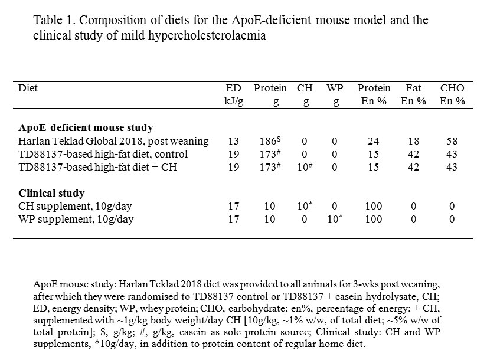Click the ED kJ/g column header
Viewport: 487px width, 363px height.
pyautogui.click(x=234, y=94)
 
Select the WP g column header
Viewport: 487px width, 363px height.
pyautogui.click(x=335, y=94)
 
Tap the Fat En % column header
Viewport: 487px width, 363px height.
pyautogui.click(x=413, y=94)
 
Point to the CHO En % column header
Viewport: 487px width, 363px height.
pyautogui.click(x=452, y=94)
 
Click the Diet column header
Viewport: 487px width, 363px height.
pyautogui.click(x=28, y=88)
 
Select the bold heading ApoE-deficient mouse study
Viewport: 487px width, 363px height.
pyautogui.click(x=86, y=128)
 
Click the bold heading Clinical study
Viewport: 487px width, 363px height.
pyautogui.click(x=51, y=193)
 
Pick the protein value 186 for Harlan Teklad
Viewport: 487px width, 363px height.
pyautogui.click(x=270, y=141)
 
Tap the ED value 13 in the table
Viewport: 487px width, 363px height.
pyautogui.click(x=234, y=141)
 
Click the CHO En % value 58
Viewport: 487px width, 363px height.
pyautogui.click(x=452, y=141)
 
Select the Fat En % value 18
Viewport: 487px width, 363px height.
pyautogui.click(x=413, y=141)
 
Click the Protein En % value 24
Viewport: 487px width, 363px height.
pyautogui.click(x=373, y=141)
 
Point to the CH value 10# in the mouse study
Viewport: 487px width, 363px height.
pyautogui.click(x=305, y=167)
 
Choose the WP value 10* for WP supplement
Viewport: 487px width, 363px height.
pyautogui.click(x=335, y=219)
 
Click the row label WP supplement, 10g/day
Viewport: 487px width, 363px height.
pyautogui.click(x=76, y=219)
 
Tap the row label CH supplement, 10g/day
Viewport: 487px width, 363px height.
pyautogui.click(x=75, y=206)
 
